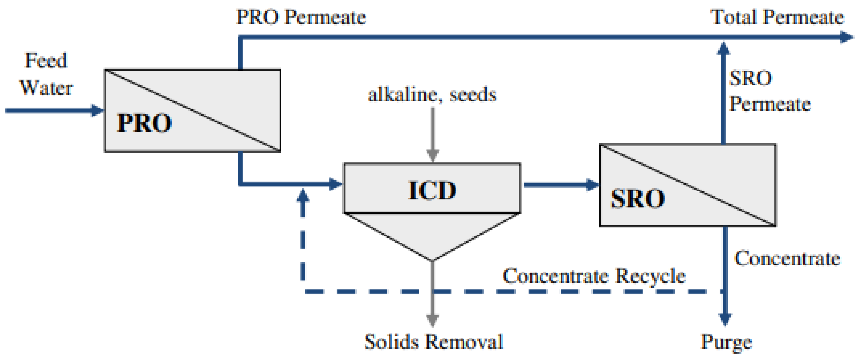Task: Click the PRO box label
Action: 144,123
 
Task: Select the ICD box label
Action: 432,190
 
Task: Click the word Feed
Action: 46,61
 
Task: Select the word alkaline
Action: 403,94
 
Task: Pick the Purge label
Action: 726,342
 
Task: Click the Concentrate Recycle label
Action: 594,276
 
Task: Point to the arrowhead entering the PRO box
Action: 97,110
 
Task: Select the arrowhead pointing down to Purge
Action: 725,319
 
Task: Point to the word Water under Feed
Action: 46,88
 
